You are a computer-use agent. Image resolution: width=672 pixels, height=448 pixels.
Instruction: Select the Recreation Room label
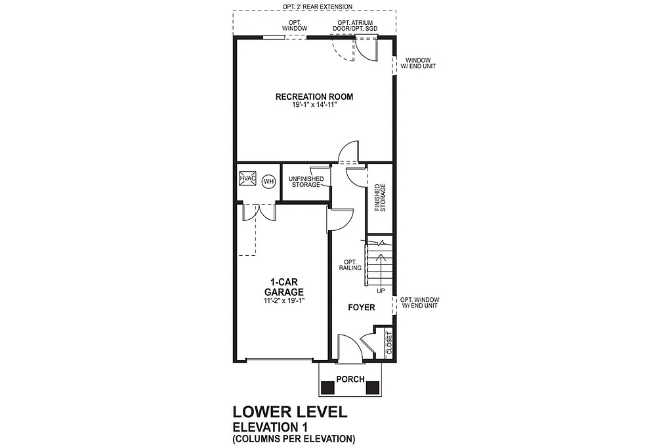coord(314,97)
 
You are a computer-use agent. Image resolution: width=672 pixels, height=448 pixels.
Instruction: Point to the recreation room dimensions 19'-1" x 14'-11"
coord(314,106)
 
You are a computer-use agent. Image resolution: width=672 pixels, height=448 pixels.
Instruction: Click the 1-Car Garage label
coord(283,287)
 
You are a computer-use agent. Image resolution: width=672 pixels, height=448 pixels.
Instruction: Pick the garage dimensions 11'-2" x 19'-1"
coord(283,300)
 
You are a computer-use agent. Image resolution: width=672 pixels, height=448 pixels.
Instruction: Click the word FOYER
coord(361,308)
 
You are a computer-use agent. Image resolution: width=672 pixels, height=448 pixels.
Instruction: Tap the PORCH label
coord(350,379)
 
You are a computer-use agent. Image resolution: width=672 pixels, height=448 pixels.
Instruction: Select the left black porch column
coord(327,387)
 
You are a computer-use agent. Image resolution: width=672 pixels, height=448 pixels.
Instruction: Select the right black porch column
coord(373,387)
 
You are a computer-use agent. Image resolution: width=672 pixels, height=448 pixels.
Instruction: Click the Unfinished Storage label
coord(305,182)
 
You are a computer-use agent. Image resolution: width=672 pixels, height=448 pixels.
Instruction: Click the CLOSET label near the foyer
coord(388,342)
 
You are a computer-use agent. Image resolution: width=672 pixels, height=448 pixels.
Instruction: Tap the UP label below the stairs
coord(381,291)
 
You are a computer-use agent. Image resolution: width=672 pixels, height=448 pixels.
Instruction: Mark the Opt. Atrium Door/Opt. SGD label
coord(355,26)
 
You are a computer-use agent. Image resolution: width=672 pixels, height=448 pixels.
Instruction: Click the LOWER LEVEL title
coord(288,412)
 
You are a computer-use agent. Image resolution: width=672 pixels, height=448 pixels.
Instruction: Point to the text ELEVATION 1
coord(270,427)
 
